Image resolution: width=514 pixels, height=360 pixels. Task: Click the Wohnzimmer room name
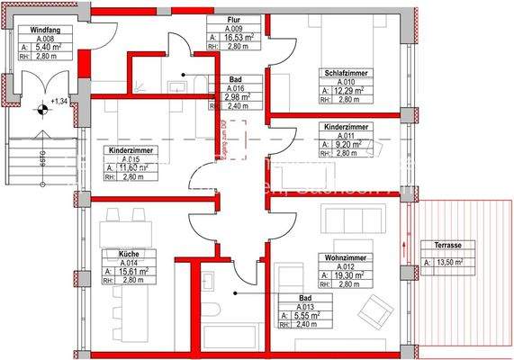pos(343,257)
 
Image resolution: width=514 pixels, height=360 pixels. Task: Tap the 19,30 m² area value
pos(348,274)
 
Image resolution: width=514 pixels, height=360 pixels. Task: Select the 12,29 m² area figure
pos(348,92)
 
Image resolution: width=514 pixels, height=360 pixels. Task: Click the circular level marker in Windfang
pos(41,111)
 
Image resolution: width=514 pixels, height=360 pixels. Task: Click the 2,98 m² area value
pos(236,97)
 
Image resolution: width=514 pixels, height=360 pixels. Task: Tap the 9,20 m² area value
pos(347,144)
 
